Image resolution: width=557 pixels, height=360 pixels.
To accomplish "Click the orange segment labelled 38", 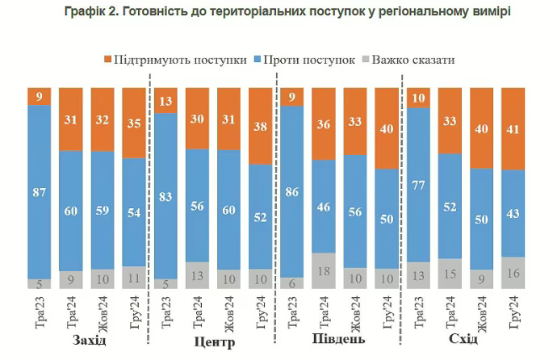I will (x=261, y=125).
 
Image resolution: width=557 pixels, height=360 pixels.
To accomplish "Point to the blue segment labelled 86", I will (x=292, y=191).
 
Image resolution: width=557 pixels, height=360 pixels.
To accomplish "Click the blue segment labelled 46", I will (x=324, y=206).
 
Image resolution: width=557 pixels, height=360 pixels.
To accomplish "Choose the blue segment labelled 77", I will (x=418, y=184).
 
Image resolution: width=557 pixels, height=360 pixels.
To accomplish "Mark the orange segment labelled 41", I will (x=513, y=128).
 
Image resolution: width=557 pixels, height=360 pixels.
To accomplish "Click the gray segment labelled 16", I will (x=513, y=273).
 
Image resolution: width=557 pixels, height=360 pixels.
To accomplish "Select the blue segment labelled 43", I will (x=513, y=213).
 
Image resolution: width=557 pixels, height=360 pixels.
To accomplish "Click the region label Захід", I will (x=89, y=340).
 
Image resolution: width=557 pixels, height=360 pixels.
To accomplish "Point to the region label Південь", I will (x=339, y=339).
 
